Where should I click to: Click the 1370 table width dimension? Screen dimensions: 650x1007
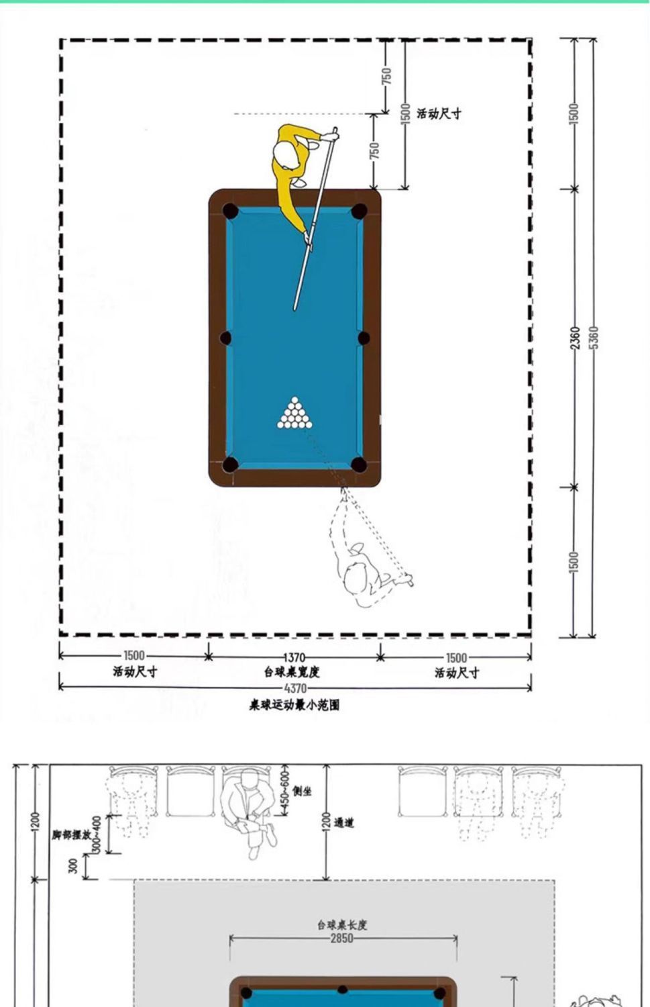[x=294, y=658]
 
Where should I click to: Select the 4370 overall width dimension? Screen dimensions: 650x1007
[x=295, y=688]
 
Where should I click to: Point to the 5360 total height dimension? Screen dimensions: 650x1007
[x=594, y=337]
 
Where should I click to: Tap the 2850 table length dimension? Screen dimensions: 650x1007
[x=342, y=938]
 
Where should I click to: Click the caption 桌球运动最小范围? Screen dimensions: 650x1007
[x=294, y=705]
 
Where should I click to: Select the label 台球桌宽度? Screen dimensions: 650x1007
[x=292, y=672]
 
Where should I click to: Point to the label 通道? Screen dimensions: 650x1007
[x=344, y=822]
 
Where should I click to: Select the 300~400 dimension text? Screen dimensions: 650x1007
[x=97, y=834]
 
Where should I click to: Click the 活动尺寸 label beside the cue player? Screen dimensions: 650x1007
[x=439, y=113]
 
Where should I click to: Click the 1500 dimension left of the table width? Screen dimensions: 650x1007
[x=134, y=656]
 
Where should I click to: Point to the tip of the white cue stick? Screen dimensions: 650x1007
[x=294, y=309]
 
